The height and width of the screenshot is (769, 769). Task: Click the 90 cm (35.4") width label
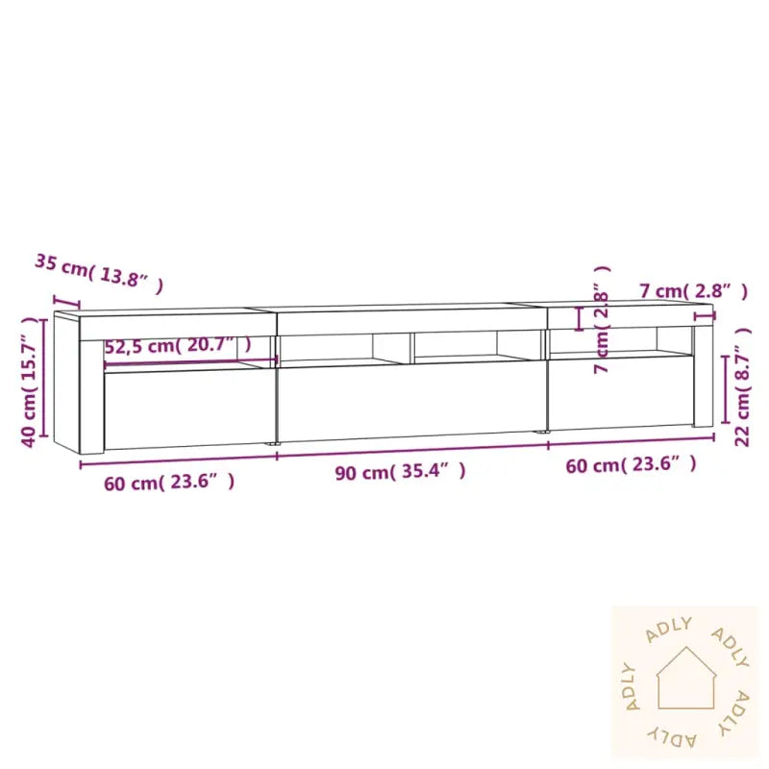click(x=401, y=472)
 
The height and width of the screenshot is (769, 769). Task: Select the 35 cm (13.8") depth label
click(x=99, y=272)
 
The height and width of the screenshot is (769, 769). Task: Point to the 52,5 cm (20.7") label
click(x=178, y=346)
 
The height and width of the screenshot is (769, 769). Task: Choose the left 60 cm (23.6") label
click(x=169, y=482)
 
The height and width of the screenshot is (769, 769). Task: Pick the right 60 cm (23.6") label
click(x=632, y=465)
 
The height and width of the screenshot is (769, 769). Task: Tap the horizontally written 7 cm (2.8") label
click(x=692, y=290)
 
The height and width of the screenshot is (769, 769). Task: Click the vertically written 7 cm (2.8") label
click(x=603, y=320)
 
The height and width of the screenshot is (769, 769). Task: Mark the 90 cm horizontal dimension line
click(x=411, y=451)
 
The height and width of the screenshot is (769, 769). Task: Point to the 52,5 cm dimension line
click(x=190, y=361)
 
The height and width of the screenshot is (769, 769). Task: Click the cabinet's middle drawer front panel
click(x=411, y=402)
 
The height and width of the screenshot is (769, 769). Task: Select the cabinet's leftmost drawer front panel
click(x=188, y=409)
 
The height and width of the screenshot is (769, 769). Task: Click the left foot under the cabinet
click(x=272, y=445)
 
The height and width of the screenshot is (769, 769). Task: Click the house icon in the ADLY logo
click(x=685, y=680)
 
